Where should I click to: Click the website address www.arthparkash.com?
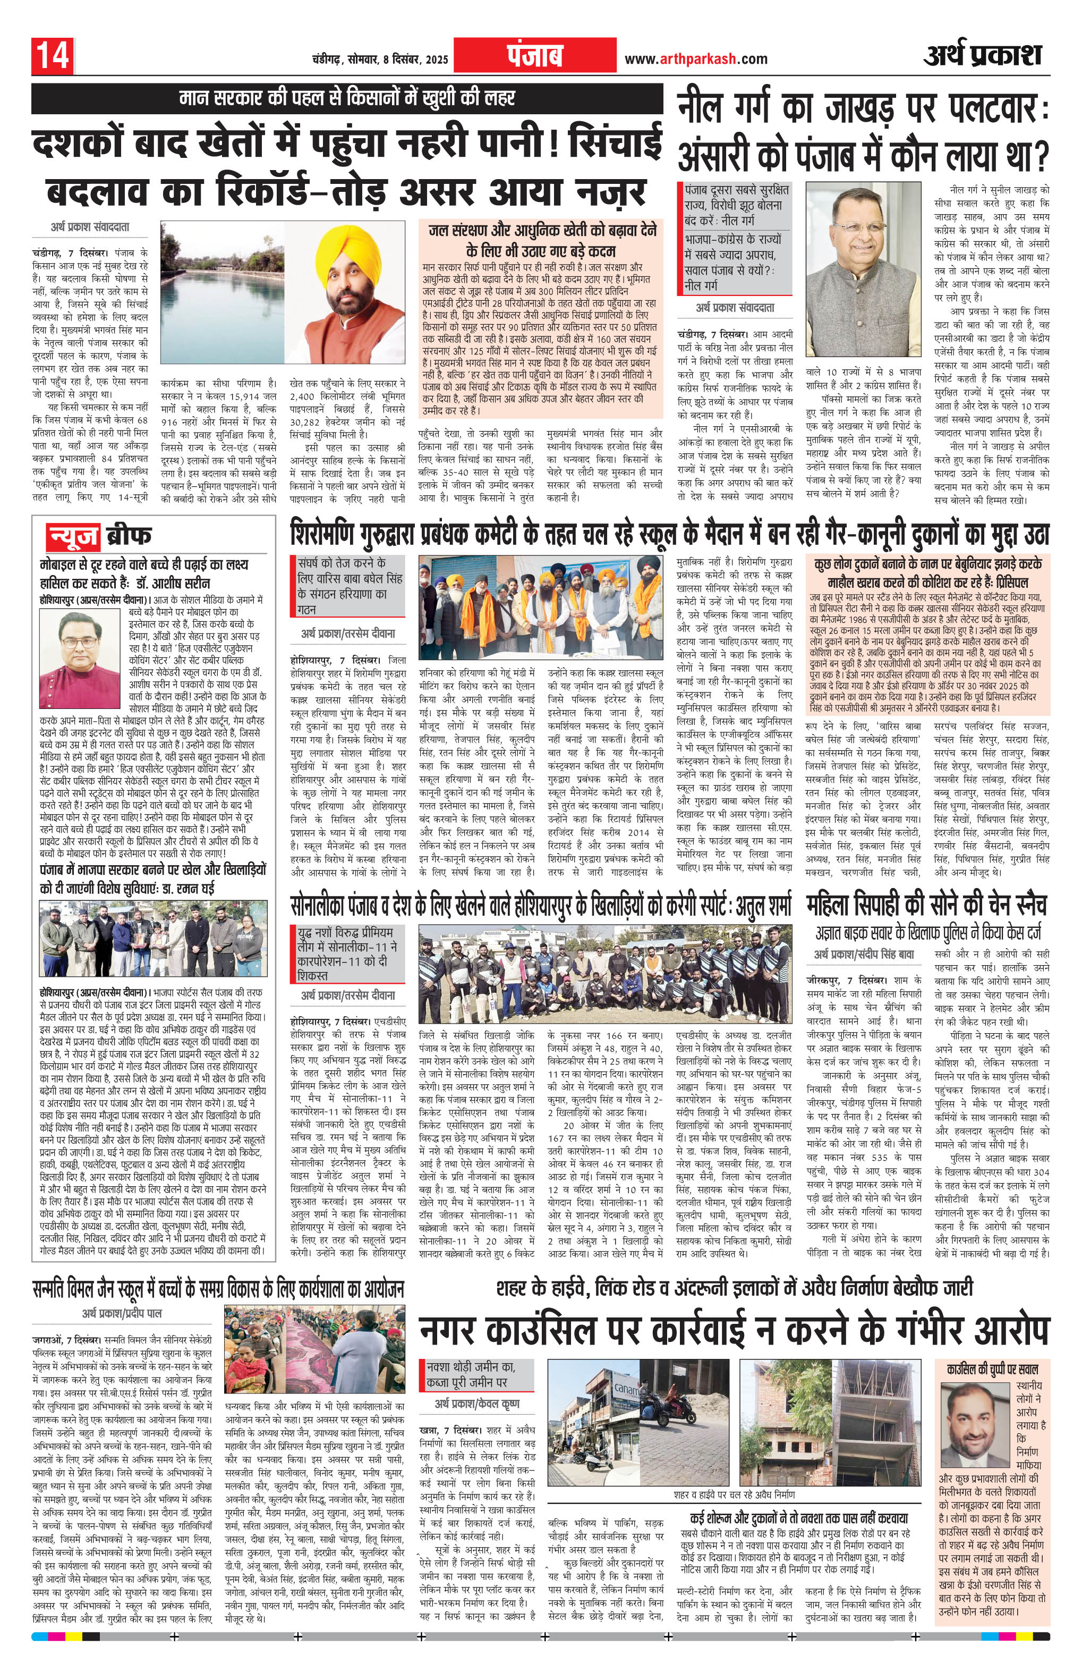click(696, 59)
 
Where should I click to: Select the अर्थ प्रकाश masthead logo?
click(982, 55)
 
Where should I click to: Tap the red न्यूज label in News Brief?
click(72, 536)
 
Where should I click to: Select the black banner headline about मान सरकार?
click(346, 98)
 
